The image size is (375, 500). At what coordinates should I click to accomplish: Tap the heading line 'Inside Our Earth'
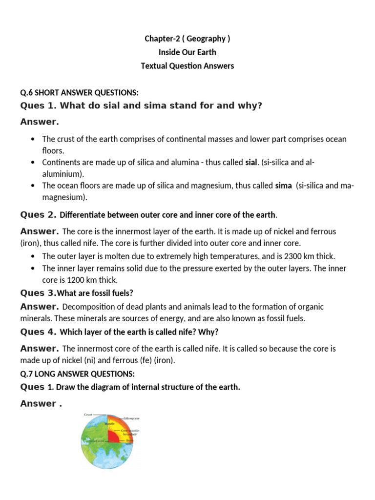pos(187,52)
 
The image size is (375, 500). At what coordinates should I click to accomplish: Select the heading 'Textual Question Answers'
pos(187,66)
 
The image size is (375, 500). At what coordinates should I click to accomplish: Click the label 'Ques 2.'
pos(39,215)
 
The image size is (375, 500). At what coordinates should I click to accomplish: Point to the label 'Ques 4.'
pos(39,332)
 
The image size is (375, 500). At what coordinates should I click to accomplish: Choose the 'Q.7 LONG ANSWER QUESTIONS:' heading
pos(77,374)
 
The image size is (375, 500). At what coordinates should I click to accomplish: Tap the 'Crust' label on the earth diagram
pos(88,414)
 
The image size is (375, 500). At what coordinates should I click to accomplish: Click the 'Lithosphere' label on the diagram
pos(131,419)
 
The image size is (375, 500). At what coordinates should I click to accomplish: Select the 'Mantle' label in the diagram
pos(110,424)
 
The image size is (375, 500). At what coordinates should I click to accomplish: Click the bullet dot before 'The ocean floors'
pos(32,186)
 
